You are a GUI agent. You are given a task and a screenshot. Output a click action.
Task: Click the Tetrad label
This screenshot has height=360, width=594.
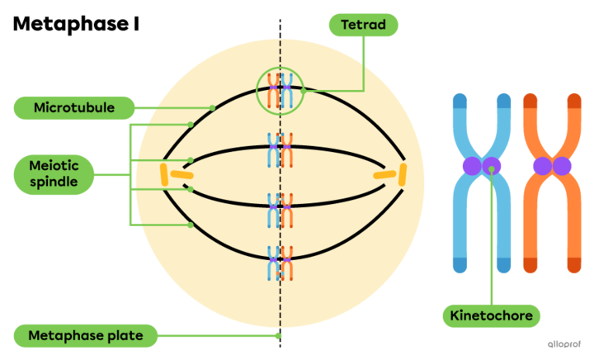(363, 25)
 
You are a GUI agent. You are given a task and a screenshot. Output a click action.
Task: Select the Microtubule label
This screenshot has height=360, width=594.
(74, 107)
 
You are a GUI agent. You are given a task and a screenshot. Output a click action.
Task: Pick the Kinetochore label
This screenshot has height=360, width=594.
(491, 315)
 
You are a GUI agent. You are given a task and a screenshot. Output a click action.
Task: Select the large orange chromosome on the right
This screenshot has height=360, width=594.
(551, 182)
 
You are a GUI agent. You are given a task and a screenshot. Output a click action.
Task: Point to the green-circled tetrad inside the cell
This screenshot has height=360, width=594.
(280, 91)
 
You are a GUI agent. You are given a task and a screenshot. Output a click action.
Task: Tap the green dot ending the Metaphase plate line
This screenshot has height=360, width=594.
(278, 335)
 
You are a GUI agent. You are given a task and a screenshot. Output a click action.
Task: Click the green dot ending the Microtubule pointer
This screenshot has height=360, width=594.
(212, 108)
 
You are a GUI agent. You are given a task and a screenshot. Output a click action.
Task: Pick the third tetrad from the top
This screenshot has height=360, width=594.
(280, 210)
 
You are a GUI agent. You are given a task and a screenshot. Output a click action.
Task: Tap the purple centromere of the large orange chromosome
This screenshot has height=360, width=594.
(551, 166)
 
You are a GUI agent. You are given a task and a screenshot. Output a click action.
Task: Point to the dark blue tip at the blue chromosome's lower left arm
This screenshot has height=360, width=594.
(460, 265)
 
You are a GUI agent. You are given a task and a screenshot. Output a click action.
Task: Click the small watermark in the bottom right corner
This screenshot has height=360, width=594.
(564, 343)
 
